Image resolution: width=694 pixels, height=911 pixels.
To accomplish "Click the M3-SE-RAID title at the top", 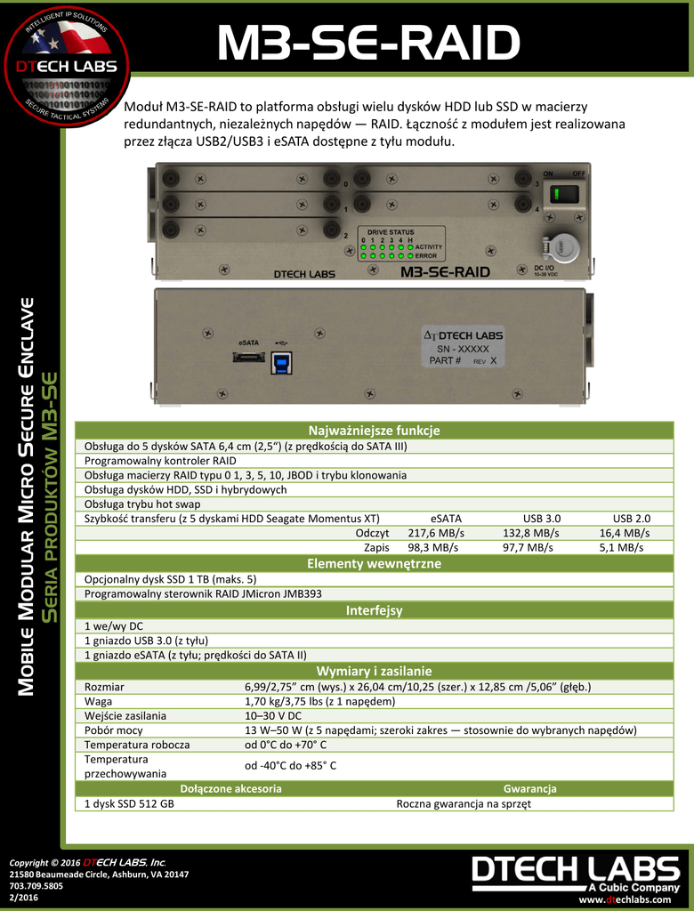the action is point(368,44).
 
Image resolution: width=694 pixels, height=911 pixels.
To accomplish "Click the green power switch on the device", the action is point(564,195).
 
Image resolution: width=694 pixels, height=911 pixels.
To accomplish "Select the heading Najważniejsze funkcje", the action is point(374,431).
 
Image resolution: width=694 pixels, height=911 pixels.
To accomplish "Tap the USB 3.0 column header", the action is point(542,518).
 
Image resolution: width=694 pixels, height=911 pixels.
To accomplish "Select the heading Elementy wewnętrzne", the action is point(374,564).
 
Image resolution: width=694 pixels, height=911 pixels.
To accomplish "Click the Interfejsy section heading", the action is point(374,610).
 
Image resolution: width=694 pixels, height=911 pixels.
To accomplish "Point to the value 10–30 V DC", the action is point(273,715).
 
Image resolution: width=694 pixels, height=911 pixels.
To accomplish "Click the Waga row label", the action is point(99,701).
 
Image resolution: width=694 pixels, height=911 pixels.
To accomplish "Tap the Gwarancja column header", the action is point(529,788).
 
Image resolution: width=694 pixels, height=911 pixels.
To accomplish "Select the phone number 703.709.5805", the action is point(36,886).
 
